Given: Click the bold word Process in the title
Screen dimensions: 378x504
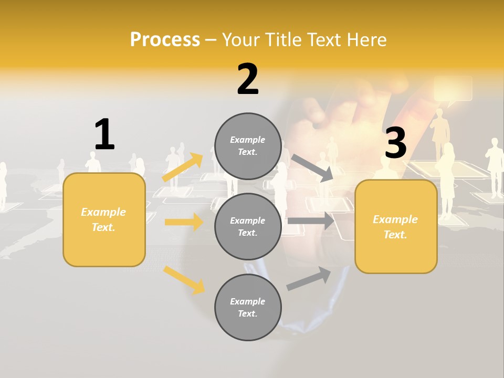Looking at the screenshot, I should click(x=165, y=39).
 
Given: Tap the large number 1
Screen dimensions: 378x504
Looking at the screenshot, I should click(x=104, y=135).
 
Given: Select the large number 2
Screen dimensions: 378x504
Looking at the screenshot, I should click(x=248, y=79).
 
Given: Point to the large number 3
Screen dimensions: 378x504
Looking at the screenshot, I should click(x=395, y=143).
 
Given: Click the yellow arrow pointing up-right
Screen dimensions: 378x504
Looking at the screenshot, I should click(x=182, y=167).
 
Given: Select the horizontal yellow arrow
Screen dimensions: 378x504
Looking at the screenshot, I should click(x=184, y=222).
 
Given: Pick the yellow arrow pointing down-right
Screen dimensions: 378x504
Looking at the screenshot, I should click(x=184, y=280).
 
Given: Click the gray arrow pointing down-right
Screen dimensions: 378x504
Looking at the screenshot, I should click(x=312, y=167).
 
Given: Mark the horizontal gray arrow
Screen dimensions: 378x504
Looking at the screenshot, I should click(x=311, y=221).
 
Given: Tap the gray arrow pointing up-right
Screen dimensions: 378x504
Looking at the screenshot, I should click(x=309, y=279).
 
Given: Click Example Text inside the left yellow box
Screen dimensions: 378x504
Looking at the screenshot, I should click(x=103, y=219).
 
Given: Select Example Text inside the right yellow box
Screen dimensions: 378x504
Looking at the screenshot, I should click(x=395, y=227).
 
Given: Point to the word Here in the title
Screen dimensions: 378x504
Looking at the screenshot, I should click(x=367, y=39).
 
